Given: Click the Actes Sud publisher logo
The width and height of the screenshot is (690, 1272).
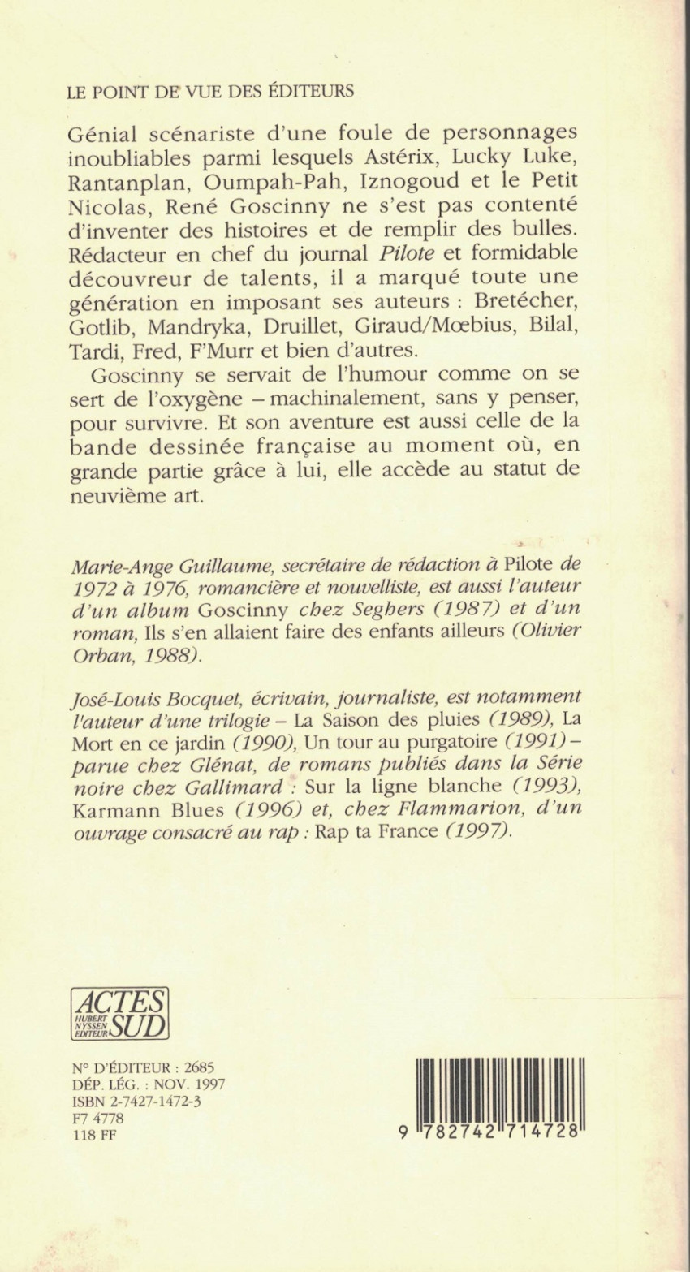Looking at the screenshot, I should point(119,1012).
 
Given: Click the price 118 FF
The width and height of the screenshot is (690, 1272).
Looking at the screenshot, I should point(85,1134).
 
